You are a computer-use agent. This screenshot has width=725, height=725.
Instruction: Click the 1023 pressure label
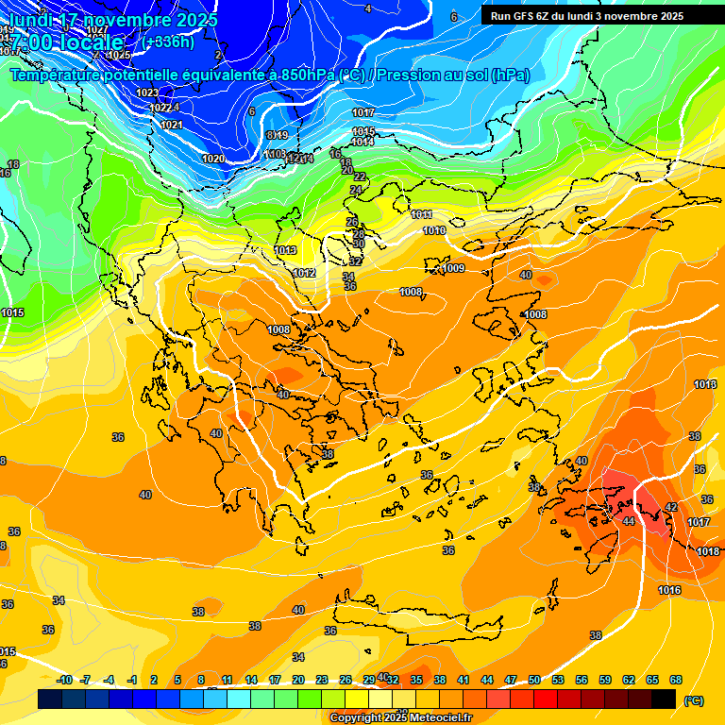(147, 93)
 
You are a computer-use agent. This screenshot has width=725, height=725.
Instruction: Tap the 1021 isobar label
(172, 125)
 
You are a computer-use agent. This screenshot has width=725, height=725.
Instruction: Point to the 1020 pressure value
(214, 159)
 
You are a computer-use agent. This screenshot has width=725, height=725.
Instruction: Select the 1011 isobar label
(422, 215)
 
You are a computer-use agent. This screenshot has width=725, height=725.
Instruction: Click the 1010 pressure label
(434, 230)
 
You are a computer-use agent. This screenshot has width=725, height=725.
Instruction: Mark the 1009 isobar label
(454, 269)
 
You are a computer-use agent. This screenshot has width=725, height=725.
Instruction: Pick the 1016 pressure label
(669, 590)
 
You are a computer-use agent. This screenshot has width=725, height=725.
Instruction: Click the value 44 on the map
(629, 521)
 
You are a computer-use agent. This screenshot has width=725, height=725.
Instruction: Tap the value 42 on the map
(671, 507)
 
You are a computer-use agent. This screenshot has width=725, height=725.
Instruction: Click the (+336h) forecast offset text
(169, 42)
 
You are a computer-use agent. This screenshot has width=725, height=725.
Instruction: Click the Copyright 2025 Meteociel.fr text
(400, 718)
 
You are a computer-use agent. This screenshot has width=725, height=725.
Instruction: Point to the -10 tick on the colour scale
(64, 680)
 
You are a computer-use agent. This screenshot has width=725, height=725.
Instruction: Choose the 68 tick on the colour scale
(676, 680)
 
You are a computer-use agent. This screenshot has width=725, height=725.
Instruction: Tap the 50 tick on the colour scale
(534, 680)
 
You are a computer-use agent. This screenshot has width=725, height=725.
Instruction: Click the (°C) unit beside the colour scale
(694, 700)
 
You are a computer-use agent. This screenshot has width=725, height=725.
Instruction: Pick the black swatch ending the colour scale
(665, 700)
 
